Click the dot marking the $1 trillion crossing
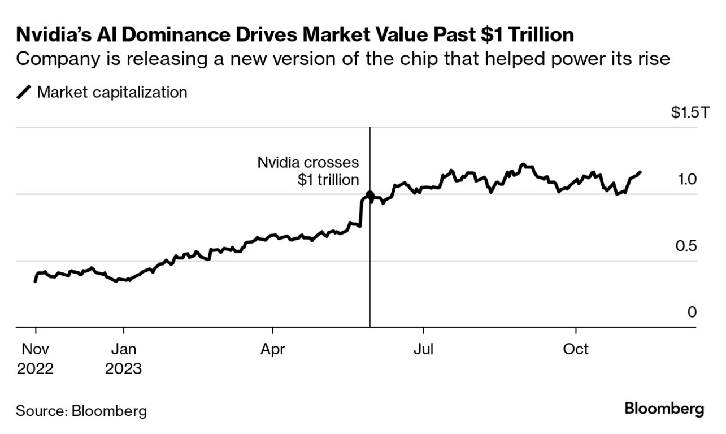point(370,195)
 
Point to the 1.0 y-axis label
point(688,180)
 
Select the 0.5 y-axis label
point(688,246)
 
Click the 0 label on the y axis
point(692,313)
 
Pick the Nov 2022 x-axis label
point(35,358)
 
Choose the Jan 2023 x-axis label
point(123,358)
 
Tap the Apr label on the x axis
point(273,349)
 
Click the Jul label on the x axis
point(423,349)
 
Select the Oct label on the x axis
point(576,349)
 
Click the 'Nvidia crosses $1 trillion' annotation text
point(308,171)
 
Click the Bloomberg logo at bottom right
point(664,409)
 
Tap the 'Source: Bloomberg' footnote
point(81,410)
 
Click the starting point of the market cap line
point(35,281)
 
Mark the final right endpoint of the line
point(640,172)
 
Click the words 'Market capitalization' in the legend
point(112,92)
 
